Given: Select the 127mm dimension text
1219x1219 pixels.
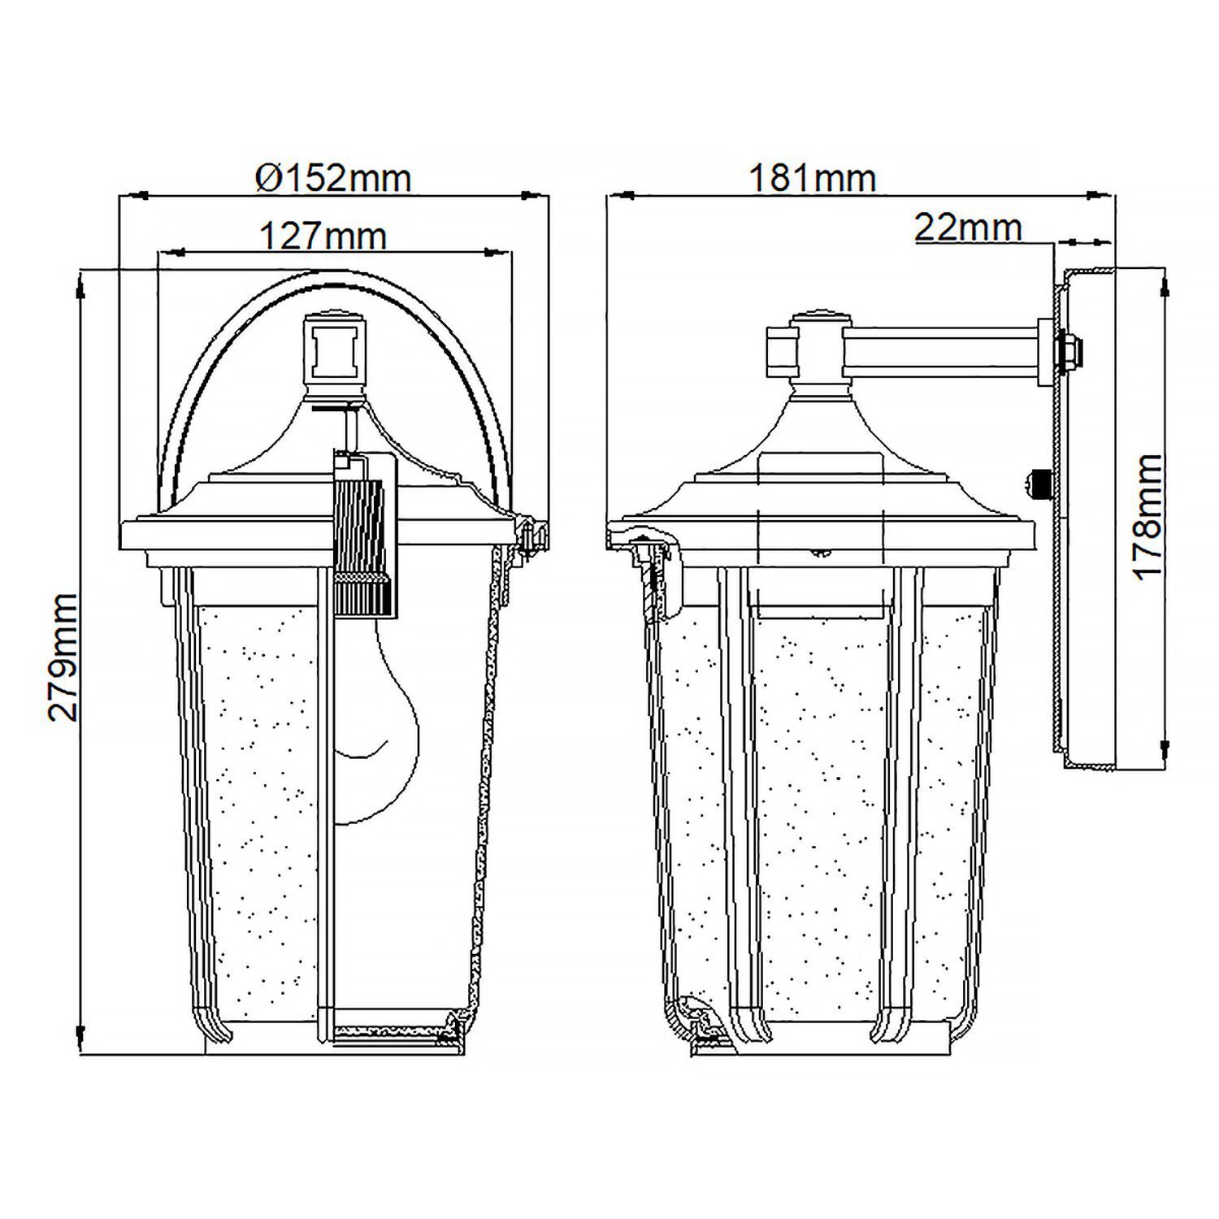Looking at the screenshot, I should (323, 236).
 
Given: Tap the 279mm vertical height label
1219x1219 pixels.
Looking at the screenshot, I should (63, 657).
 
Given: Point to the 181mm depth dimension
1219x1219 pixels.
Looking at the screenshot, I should (812, 178).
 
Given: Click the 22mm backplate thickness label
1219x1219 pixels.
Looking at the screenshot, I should (967, 228).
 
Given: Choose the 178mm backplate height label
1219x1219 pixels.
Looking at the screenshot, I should (1147, 516).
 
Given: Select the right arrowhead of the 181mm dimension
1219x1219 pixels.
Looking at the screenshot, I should (1100, 195).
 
